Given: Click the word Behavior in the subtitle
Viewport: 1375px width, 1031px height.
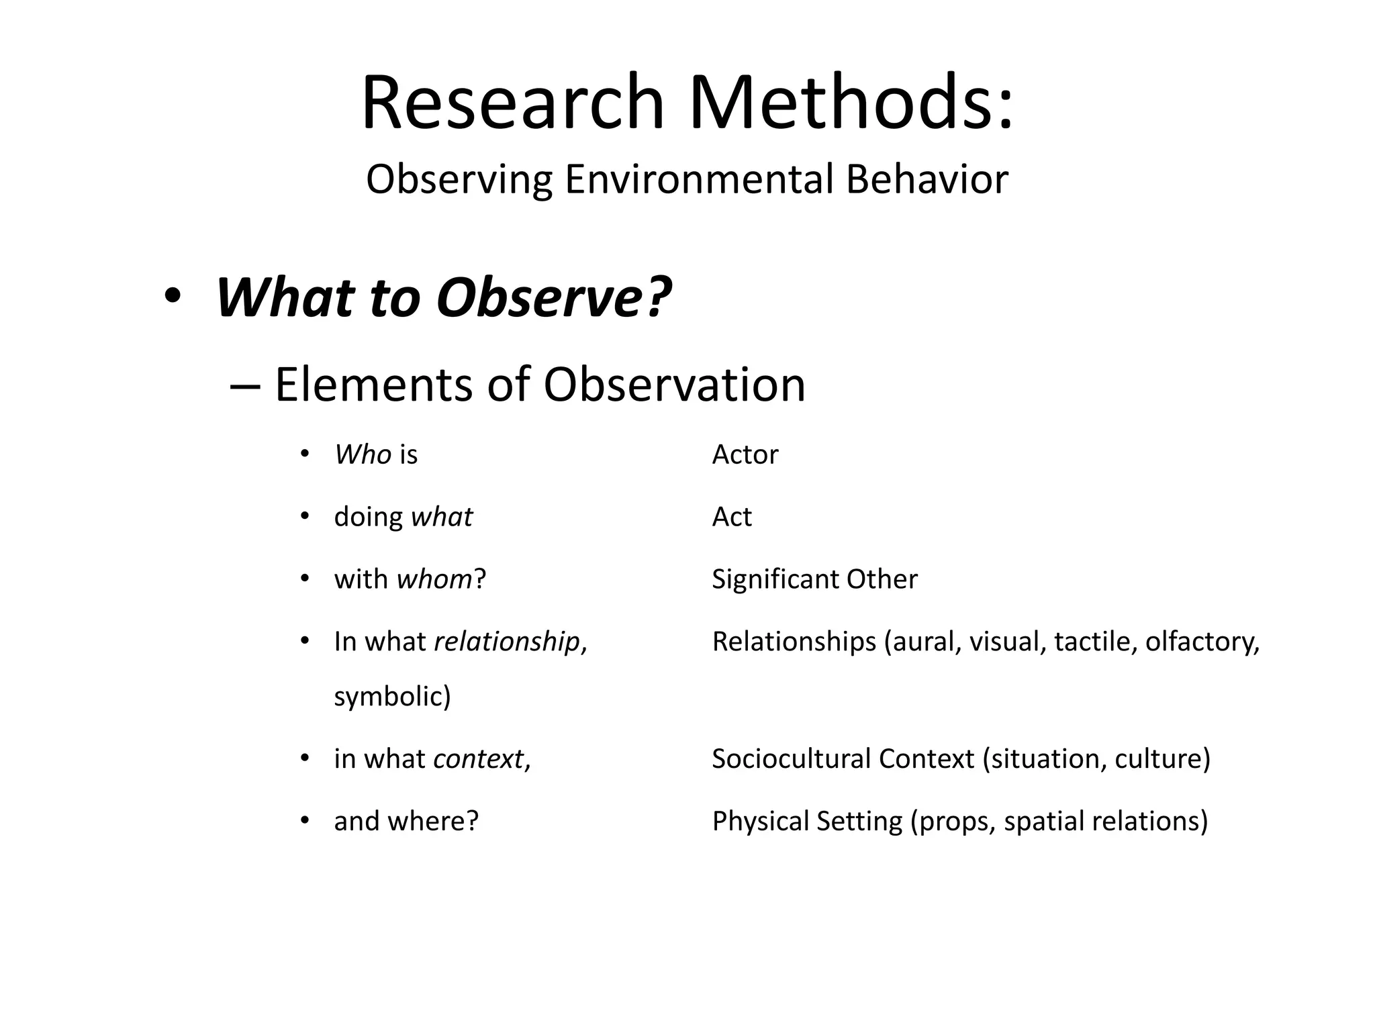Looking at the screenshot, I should pyautogui.click(x=927, y=180).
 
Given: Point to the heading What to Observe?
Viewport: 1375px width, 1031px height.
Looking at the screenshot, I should pyautogui.click(x=443, y=297).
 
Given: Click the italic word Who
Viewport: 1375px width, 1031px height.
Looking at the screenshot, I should pyautogui.click(x=363, y=455).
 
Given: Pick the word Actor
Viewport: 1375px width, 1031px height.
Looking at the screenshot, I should pyautogui.click(x=745, y=455).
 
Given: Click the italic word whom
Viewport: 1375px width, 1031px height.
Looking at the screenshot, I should pyautogui.click(x=434, y=579).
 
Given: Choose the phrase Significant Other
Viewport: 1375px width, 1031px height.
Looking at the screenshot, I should pyautogui.click(x=814, y=579).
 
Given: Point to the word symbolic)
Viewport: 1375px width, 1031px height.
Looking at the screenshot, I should pyautogui.click(x=392, y=697).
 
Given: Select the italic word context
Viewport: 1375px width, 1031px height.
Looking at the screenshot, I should pyautogui.click(x=478, y=759).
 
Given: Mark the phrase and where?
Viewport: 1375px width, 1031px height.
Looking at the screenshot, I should pyautogui.click(x=406, y=822).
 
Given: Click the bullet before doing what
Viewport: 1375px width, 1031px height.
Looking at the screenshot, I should pyautogui.click(x=305, y=516).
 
